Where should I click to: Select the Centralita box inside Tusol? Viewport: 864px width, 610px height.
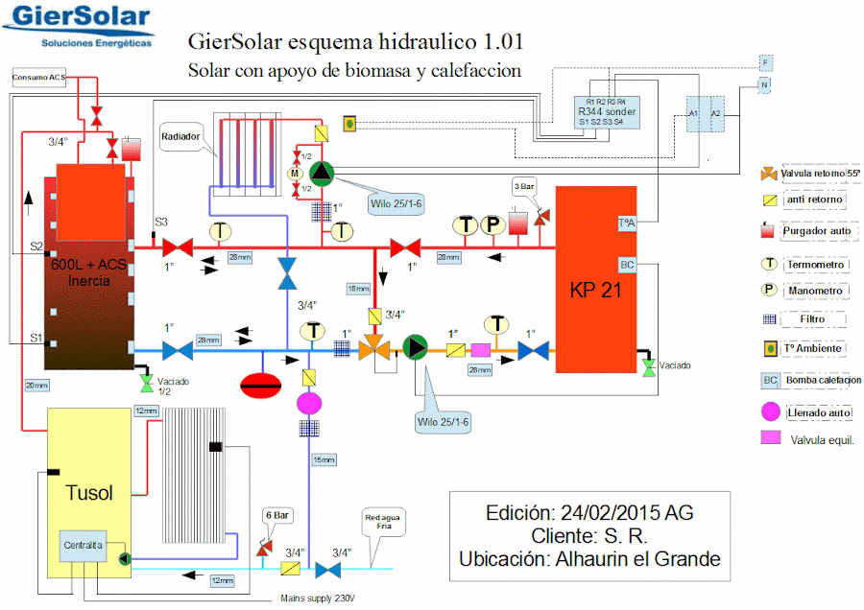pyautogui.click(x=84, y=547)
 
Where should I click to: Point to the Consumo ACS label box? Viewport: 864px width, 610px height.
pyautogui.click(x=39, y=77)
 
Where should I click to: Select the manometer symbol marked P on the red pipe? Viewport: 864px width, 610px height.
pyautogui.click(x=492, y=224)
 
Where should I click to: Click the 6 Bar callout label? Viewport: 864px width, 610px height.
pyautogui.click(x=276, y=515)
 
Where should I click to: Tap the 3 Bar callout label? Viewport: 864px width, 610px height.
pyautogui.click(x=524, y=186)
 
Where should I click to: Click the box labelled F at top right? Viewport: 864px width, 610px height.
pyautogui.click(x=765, y=62)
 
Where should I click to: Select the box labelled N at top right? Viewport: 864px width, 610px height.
pyautogui.click(x=765, y=85)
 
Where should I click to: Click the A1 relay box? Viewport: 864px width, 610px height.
pyautogui.click(x=694, y=113)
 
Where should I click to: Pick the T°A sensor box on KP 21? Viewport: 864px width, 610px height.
pyautogui.click(x=627, y=223)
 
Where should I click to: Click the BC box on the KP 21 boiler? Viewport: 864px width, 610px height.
pyautogui.click(x=627, y=265)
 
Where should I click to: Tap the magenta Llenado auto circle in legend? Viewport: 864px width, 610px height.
pyautogui.click(x=769, y=412)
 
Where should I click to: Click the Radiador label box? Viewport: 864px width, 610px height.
pyautogui.click(x=180, y=137)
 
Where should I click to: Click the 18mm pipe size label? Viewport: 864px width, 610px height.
pyautogui.click(x=358, y=289)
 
